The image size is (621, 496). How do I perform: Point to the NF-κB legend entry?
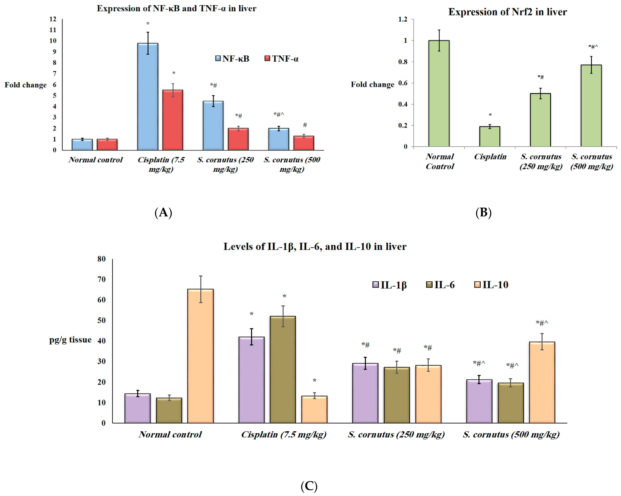[x=232, y=59]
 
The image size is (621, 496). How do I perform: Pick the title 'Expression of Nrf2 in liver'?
[x=508, y=12]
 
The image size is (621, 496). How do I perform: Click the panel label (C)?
[x=309, y=486]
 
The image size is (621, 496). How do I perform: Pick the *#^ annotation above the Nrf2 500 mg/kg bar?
[x=593, y=47]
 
